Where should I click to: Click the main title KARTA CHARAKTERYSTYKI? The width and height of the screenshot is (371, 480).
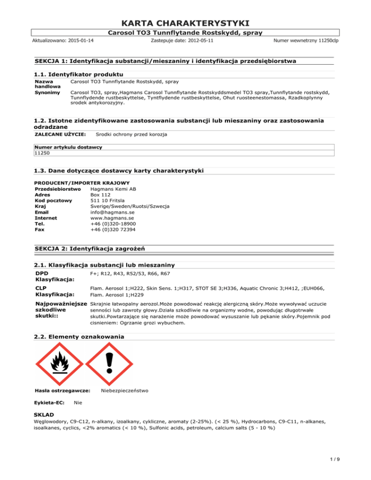(x=185, y=23)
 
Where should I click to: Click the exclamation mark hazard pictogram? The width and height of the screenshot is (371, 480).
(x=114, y=365)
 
